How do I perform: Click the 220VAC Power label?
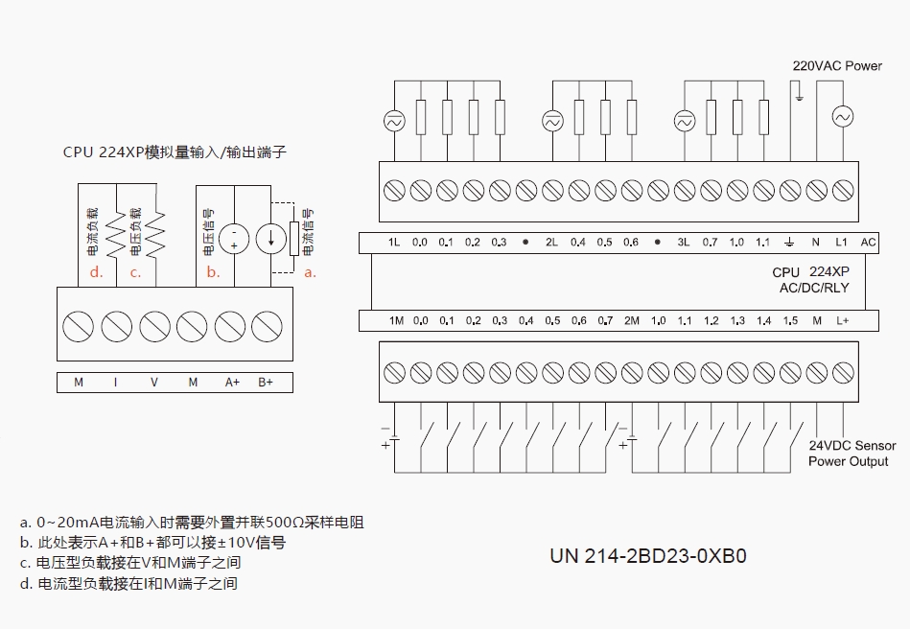(836, 66)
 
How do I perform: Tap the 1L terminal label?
(394, 243)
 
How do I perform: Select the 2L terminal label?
(551, 243)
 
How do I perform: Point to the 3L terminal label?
(684, 243)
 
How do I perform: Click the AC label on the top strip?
(868, 243)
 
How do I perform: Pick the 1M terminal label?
(396, 321)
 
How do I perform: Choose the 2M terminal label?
(631, 321)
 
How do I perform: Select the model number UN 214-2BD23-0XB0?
(647, 556)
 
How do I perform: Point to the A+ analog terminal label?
(232, 383)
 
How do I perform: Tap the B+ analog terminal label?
(266, 383)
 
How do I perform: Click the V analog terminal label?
(154, 383)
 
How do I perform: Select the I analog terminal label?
(116, 383)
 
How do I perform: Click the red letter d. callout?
(96, 272)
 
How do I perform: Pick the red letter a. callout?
(310, 272)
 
